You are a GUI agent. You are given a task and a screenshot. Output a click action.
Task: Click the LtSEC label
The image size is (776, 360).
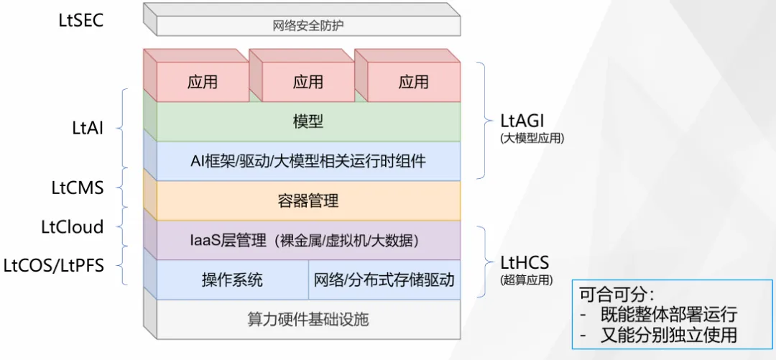tap(80, 22)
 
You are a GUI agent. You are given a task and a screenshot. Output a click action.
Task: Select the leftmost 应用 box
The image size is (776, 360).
tap(203, 82)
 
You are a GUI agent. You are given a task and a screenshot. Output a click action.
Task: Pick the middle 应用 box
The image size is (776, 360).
tap(308, 82)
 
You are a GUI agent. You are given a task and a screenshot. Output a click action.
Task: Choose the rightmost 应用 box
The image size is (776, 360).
tap(414, 82)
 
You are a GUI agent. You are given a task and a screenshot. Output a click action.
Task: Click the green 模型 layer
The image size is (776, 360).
tap(308, 122)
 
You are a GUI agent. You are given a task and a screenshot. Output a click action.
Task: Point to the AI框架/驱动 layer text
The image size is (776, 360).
tap(308, 161)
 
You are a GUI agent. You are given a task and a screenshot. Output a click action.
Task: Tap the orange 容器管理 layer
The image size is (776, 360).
tap(308, 200)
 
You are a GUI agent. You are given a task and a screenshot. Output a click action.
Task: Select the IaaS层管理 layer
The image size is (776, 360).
tap(308, 240)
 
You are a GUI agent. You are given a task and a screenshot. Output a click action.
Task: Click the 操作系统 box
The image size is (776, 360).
tap(232, 280)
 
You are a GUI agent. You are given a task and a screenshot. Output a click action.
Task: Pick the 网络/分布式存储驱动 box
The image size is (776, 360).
tap(384, 280)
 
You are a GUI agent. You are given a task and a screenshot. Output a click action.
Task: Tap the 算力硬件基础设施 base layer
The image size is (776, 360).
tap(308, 319)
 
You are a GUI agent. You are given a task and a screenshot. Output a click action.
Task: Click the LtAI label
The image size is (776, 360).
tap(87, 128)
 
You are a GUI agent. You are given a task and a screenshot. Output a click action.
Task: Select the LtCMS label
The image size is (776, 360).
tap(78, 188)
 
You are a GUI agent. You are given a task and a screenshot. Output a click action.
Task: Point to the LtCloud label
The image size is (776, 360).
tap(73, 227)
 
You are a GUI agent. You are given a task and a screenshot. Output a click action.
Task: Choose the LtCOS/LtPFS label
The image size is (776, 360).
tap(53, 265)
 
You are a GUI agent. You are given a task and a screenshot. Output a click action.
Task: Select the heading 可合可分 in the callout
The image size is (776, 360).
tap(616, 295)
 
